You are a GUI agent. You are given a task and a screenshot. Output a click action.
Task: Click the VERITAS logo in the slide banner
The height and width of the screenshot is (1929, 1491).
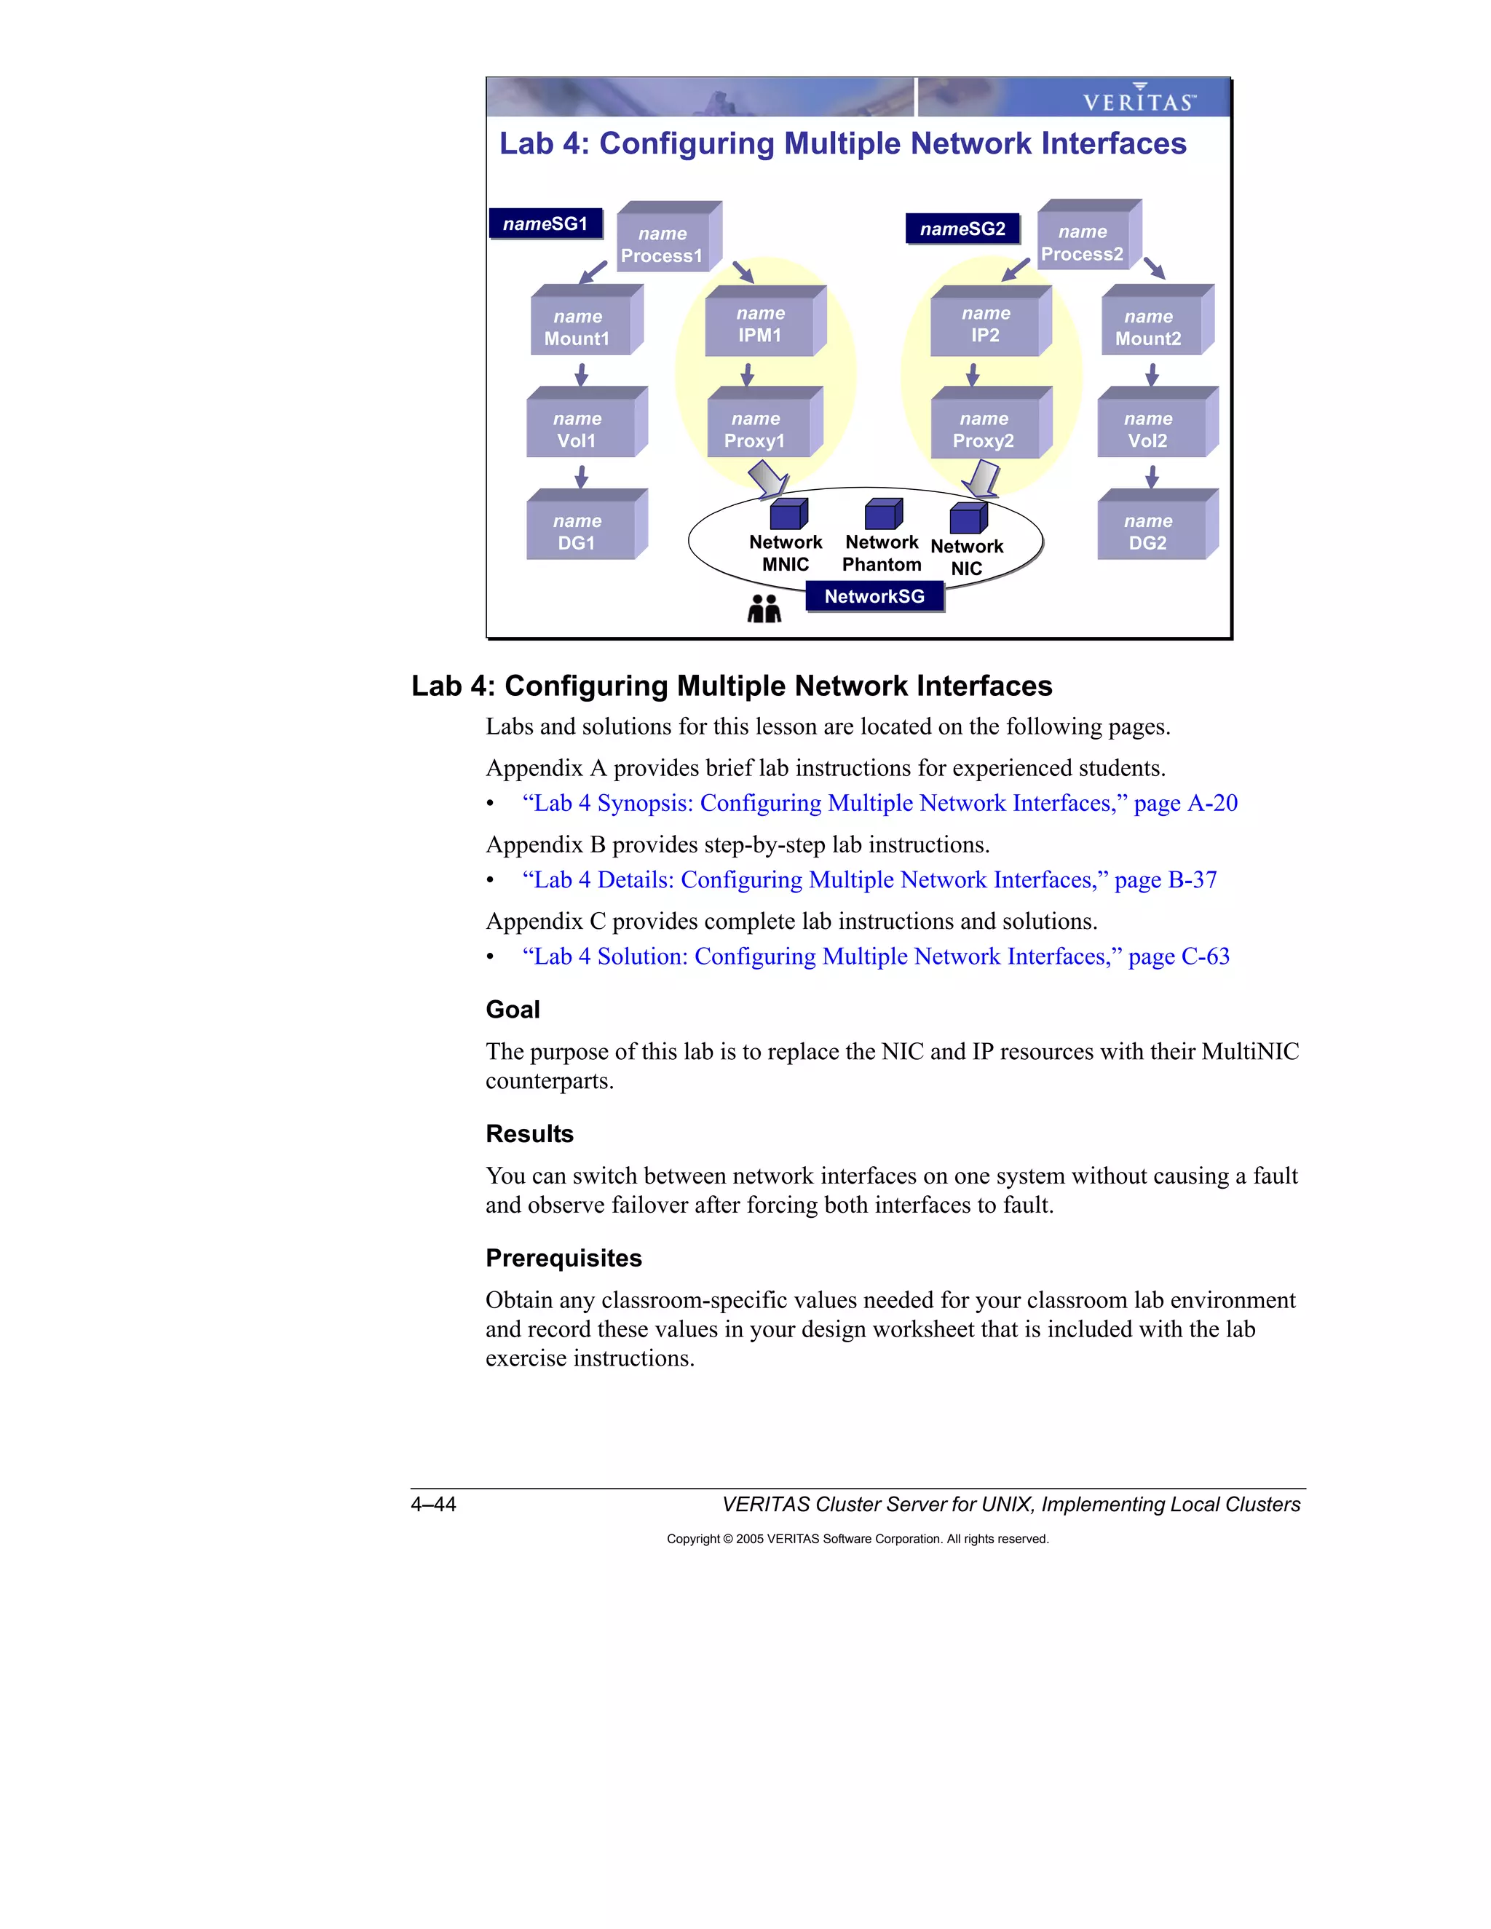tap(1139, 98)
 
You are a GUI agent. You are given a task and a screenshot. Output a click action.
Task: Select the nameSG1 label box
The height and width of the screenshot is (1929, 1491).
tap(545, 223)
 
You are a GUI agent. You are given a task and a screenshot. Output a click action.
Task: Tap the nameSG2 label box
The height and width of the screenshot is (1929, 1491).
tap(962, 229)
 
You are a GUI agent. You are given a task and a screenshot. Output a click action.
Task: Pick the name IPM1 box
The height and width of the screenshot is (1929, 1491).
tap(761, 324)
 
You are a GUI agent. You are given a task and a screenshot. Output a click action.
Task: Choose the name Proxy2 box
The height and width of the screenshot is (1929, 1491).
tap(985, 428)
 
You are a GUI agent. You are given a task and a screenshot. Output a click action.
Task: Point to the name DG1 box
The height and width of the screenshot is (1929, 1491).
tap(579, 530)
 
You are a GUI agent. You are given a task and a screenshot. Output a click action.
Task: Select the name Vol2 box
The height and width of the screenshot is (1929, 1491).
tap(1149, 428)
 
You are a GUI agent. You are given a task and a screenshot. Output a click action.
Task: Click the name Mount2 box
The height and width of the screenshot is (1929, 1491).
tap(1149, 326)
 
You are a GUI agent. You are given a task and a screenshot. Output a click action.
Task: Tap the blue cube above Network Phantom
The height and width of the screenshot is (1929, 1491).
tap(882, 513)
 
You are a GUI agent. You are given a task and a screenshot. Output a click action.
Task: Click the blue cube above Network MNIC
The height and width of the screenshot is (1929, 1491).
tap(787, 513)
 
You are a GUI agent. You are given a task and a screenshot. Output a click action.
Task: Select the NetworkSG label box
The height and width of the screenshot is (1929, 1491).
tap(874, 596)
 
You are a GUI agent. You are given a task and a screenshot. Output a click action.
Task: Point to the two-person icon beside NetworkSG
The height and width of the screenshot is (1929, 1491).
tap(764, 609)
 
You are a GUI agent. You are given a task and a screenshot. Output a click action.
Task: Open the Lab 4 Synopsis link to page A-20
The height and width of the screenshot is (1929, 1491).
tap(879, 803)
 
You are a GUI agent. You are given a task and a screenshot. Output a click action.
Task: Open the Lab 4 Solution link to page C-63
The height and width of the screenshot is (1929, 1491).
tap(875, 956)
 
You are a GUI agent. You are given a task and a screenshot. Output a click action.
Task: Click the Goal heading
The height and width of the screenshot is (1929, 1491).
tap(513, 1010)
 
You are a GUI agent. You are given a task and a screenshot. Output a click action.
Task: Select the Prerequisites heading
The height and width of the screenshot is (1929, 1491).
tap(563, 1258)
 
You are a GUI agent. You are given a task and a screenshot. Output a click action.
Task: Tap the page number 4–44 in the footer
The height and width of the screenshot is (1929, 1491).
tap(433, 1504)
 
